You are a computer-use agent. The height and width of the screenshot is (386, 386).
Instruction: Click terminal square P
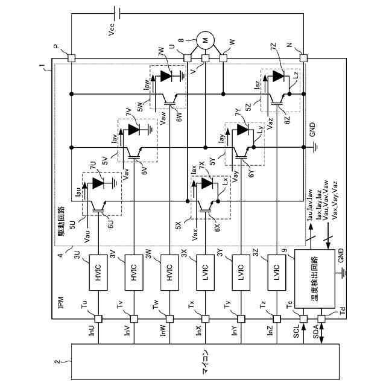71,58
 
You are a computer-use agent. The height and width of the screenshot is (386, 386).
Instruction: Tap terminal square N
303,58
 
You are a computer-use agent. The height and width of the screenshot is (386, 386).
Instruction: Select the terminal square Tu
99,318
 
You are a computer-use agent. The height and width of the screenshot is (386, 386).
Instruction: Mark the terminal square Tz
276,318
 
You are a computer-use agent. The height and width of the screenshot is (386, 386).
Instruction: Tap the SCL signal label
296,329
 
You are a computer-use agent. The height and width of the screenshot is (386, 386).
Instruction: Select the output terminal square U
187,58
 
